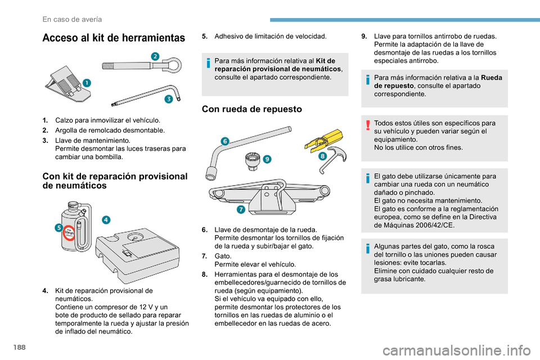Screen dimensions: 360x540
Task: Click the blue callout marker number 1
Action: tap(88, 83)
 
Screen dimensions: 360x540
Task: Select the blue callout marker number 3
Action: tap(168, 99)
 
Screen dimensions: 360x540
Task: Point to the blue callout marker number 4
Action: tap(106, 219)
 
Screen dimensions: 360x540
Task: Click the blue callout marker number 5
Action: tap(58, 227)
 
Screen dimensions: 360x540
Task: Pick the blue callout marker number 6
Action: tap(224, 141)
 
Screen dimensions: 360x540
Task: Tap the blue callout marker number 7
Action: tap(240, 210)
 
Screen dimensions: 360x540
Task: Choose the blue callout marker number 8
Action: tap(323, 156)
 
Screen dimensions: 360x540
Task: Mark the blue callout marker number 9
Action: tap(267, 160)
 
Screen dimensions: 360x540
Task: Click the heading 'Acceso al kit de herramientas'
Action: tap(113, 38)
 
